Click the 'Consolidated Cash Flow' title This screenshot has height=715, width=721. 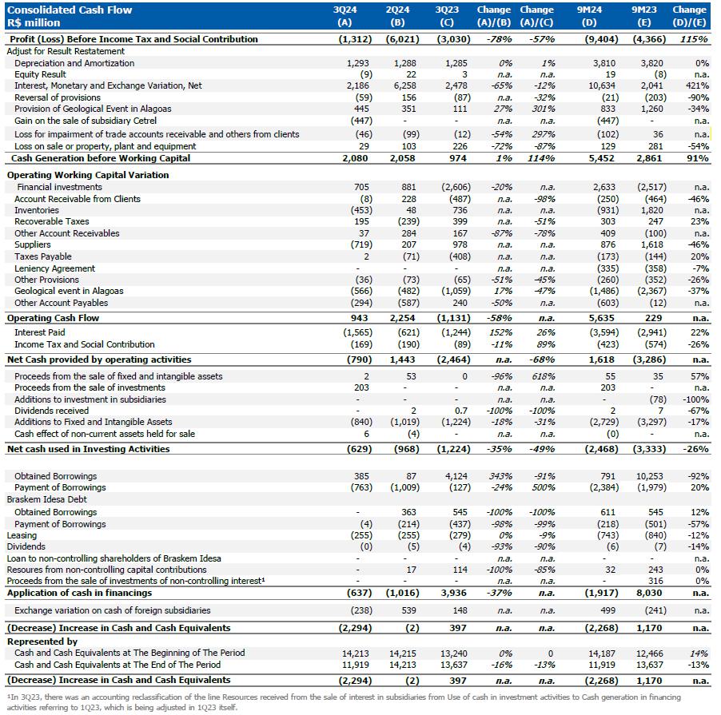click(70, 10)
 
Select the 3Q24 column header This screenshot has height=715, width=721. click(345, 10)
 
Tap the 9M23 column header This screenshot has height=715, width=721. click(643, 10)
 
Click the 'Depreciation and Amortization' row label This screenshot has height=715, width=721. click(74, 62)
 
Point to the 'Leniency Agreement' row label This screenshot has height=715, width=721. click(54, 268)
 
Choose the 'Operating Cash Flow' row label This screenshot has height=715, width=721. click(53, 318)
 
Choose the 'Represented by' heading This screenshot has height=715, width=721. click(42, 641)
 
